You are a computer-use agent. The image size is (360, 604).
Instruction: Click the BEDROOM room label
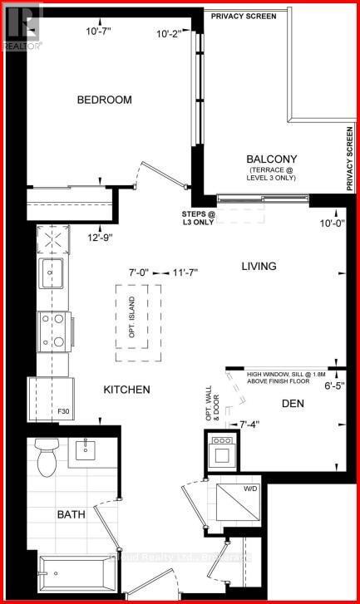point(105,100)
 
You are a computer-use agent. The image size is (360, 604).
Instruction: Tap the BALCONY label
point(271,159)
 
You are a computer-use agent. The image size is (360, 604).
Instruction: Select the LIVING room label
point(259,267)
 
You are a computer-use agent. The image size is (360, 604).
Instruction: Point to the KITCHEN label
point(126,389)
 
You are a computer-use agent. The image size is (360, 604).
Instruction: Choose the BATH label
point(72,514)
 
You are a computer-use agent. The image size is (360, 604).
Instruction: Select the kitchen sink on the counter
point(52,273)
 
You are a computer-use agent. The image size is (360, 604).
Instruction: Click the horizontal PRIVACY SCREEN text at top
point(244,16)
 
